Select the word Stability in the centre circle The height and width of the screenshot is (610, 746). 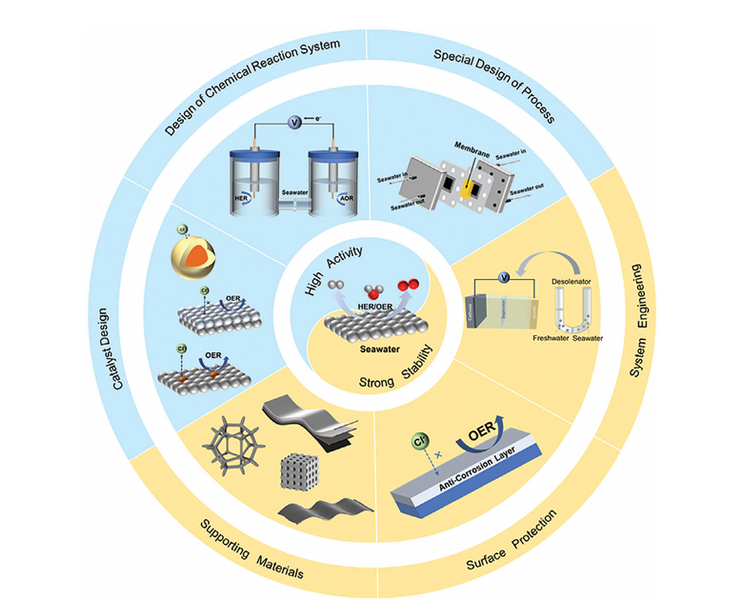419,375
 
